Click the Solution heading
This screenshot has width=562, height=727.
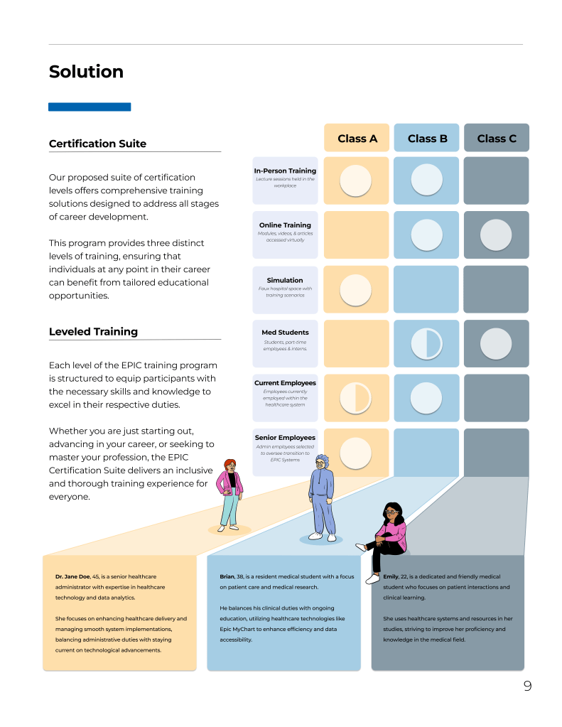coord(86,72)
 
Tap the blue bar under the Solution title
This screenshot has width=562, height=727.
coord(90,107)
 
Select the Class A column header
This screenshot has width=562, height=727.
coord(357,139)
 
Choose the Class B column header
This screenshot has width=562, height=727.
coord(427,139)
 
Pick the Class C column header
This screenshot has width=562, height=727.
coord(497,139)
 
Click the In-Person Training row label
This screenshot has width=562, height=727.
coord(285,171)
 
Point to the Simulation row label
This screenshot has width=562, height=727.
coord(285,281)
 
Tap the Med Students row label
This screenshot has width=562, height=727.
coord(285,332)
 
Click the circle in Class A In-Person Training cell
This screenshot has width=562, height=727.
coord(356,181)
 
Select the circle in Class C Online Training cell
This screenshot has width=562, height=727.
coord(496,235)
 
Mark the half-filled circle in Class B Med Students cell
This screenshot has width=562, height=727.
coord(427,343)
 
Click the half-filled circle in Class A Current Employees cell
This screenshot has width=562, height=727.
coord(356,398)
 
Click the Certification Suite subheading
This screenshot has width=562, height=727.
coord(97,144)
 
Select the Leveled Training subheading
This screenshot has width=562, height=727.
coord(93,332)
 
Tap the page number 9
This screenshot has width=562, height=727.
coord(527,686)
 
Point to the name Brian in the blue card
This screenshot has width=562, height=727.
coord(227,576)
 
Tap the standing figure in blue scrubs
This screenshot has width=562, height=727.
coord(322,497)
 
